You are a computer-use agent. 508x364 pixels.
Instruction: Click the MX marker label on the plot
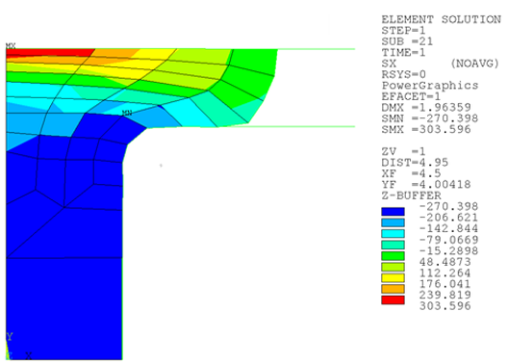click(11, 45)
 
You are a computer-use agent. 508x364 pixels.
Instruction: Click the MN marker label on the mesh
click(127, 113)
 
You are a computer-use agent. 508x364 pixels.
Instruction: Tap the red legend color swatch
click(393, 299)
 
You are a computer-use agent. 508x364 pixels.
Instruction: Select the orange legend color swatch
click(393, 289)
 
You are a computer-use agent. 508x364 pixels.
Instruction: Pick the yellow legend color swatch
click(393, 277)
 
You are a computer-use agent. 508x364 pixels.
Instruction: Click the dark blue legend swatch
click(393, 212)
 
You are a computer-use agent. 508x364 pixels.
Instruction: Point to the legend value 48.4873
click(444, 262)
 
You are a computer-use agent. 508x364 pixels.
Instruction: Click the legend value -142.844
click(448, 228)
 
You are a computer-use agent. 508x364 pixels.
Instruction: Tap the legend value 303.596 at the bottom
click(444, 305)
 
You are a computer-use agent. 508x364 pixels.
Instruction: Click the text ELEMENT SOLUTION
click(441, 19)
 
